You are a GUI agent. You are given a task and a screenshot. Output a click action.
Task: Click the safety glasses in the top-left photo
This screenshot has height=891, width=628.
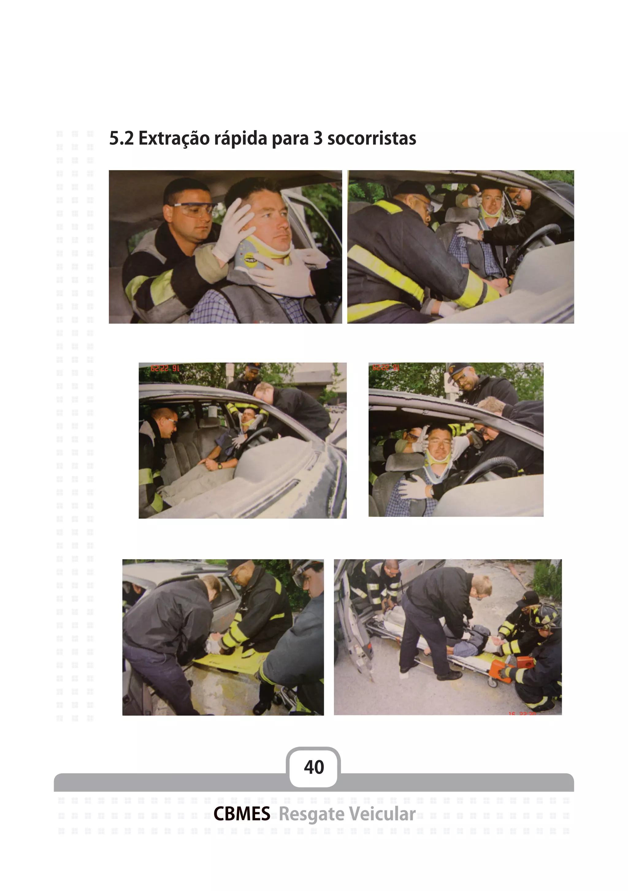click(193, 209)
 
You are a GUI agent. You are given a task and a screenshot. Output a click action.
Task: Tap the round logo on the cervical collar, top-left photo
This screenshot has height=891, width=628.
click(248, 257)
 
